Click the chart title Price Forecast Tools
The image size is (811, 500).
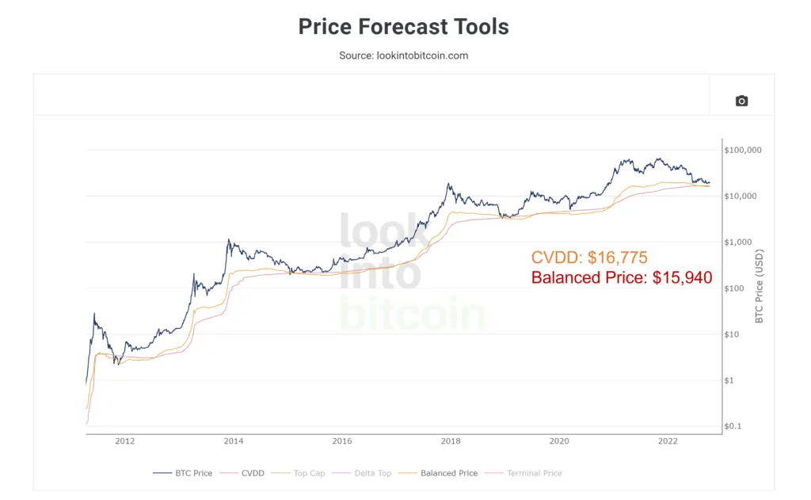tap(403, 27)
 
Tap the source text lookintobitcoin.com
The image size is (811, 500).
tap(422, 55)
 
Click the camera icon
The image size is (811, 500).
tap(741, 101)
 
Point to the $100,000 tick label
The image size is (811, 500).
tap(743, 150)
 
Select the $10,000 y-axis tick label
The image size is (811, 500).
tap(741, 197)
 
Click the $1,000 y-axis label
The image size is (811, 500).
tap(738, 242)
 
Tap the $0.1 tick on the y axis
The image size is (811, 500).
tap(733, 426)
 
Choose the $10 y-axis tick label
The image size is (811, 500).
tap(731, 334)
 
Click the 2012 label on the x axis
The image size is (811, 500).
tap(124, 441)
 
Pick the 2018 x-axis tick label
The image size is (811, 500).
tap(451, 441)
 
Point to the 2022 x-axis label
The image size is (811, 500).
tap(668, 441)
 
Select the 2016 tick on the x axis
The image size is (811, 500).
tap(342, 441)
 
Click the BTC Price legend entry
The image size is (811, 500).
tap(183, 473)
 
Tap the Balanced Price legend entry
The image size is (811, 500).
tap(439, 473)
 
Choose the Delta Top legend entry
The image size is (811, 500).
tap(361, 473)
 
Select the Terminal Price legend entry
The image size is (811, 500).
tap(523, 473)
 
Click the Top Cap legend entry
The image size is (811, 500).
tap(298, 473)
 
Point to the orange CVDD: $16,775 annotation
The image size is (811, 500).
tap(589, 258)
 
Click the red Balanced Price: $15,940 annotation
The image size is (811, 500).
tap(622, 277)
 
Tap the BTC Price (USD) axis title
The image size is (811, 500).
tap(759, 286)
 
